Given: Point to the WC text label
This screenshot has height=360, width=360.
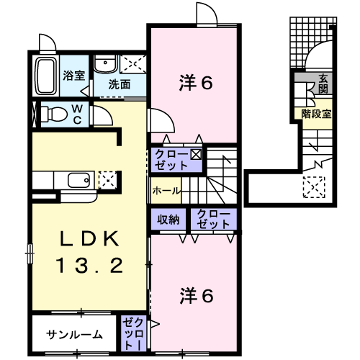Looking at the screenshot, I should (81, 113).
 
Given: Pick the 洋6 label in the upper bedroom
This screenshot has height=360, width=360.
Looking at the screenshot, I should (195, 83).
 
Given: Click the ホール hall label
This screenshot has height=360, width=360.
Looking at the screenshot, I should (166, 192).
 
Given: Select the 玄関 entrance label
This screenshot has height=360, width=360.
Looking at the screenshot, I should (323, 84).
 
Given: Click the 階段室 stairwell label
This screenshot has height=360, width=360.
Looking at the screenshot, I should (317, 113).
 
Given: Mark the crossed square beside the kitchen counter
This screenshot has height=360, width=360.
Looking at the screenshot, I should (106, 178).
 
